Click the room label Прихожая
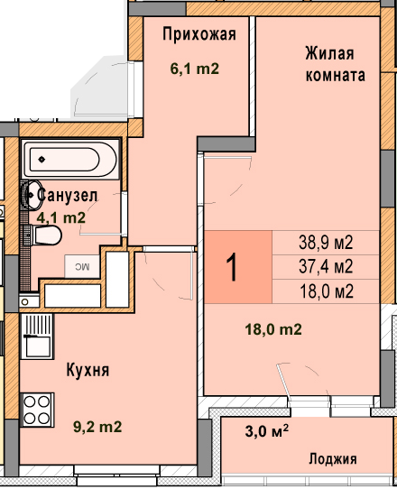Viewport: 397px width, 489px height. (x=199, y=34)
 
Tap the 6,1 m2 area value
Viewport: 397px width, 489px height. (x=195, y=69)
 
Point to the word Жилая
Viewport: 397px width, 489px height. (x=329, y=53)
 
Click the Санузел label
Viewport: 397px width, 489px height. (x=68, y=196)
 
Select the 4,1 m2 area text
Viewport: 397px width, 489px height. (x=61, y=217)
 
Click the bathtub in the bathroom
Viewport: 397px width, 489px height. (x=70, y=160)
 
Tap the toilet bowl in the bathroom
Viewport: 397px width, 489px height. (x=46, y=235)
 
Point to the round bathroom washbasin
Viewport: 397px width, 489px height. (x=32, y=195)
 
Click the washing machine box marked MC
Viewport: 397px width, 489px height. (x=82, y=266)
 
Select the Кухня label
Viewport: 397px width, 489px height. (x=88, y=370)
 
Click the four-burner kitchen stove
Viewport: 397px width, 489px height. (x=37, y=410)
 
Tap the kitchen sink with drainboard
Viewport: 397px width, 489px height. (x=37, y=337)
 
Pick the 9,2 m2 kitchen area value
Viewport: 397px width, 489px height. (x=97, y=427)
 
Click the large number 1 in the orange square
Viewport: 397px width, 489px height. (x=233, y=267)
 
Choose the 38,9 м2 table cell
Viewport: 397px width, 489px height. (x=326, y=243)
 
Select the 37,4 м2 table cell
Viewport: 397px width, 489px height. (x=326, y=267)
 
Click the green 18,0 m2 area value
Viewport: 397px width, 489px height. (x=273, y=329)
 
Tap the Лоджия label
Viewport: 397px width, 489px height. (x=333, y=459)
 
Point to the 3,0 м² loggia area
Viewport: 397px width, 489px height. (x=267, y=431)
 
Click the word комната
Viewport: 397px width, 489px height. (x=336, y=75)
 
